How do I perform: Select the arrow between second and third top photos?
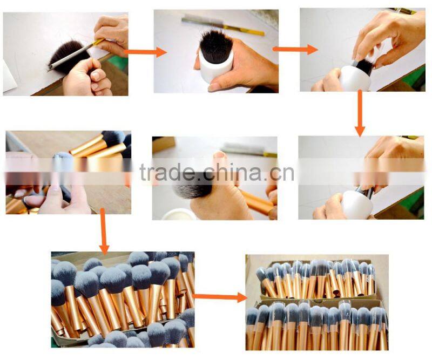pos(295,49)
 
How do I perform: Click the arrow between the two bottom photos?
pos(219,296)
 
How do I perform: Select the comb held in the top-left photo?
pos(76,52)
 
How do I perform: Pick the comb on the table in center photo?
pos(248,150)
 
